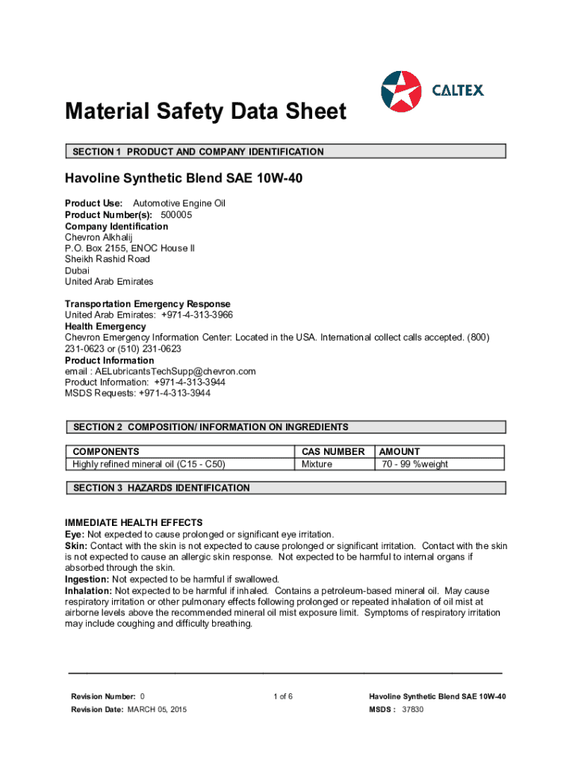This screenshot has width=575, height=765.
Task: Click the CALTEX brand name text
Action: point(458,90)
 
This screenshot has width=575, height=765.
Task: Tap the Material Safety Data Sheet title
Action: point(205,112)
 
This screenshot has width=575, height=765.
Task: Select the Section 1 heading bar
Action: point(285,152)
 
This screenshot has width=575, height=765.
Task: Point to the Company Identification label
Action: point(116,226)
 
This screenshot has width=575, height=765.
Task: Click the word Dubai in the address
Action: point(78,270)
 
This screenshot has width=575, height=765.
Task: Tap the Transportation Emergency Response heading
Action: point(148,304)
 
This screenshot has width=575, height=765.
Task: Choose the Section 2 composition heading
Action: point(285,427)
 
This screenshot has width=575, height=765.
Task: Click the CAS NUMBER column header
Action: point(333,452)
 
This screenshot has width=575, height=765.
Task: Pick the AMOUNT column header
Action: point(400,452)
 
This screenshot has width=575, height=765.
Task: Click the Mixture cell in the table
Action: point(317,464)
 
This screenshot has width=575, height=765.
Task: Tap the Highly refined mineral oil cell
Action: point(149,464)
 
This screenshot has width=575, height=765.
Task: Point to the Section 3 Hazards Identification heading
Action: point(285,488)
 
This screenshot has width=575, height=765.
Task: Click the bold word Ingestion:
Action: point(87,579)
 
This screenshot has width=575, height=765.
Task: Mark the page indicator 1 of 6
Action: point(283,697)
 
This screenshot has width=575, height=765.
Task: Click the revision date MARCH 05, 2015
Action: point(157,709)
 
